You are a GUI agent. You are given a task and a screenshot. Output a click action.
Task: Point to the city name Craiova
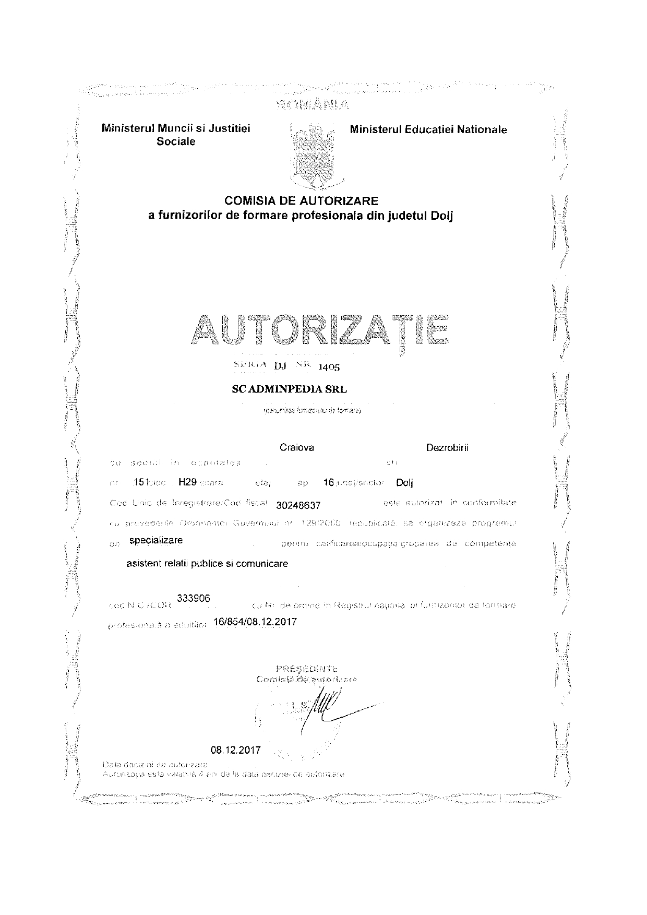point(297,447)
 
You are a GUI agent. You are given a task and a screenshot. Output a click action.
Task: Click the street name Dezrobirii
point(447,447)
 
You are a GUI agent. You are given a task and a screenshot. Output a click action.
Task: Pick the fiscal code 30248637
point(298,505)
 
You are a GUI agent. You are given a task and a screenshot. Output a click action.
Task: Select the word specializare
point(155,540)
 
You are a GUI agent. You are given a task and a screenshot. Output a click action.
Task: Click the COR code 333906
point(194,598)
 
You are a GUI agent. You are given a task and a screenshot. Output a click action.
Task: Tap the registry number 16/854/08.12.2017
point(255,622)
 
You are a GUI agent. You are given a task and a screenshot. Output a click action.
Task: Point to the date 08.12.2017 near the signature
point(235,750)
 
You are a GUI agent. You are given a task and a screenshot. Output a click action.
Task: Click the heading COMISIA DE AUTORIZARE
point(301,200)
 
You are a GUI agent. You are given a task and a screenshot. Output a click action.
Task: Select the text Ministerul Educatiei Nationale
point(428,129)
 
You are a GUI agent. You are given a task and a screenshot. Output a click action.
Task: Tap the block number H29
point(187,482)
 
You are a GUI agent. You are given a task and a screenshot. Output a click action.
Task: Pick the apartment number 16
point(328,483)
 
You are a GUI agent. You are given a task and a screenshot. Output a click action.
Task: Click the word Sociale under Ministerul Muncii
point(176,141)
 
